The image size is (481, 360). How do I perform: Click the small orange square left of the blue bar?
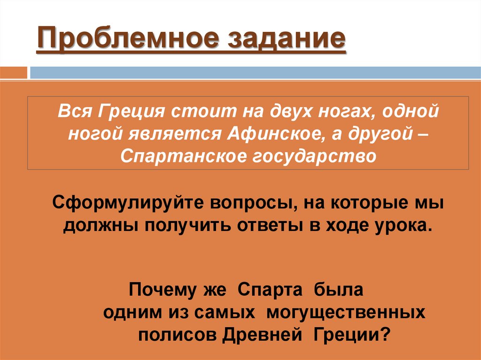click(x=14, y=73)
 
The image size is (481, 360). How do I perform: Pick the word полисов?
click(x=176, y=335)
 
